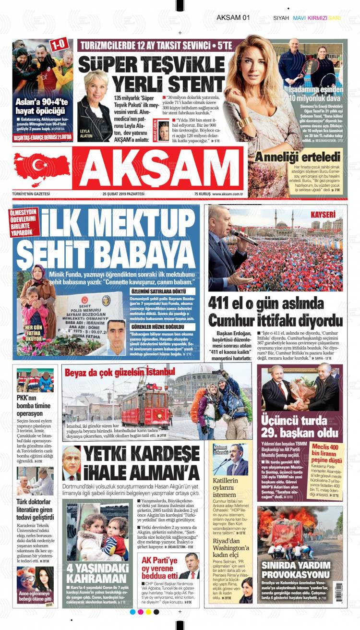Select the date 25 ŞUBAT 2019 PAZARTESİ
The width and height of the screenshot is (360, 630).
[123, 194]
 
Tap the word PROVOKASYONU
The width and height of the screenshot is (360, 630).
[295, 574]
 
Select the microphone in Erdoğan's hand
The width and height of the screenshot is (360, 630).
[243, 236]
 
